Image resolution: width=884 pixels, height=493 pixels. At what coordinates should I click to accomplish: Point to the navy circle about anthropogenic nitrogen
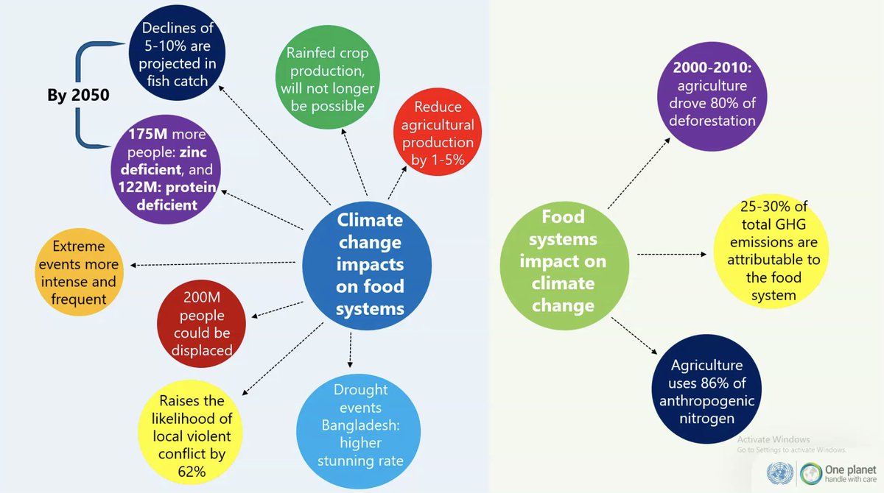(707, 391)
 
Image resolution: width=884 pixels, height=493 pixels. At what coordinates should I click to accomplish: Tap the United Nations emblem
(778, 472)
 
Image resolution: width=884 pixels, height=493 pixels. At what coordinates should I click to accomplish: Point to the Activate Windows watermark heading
(773, 439)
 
